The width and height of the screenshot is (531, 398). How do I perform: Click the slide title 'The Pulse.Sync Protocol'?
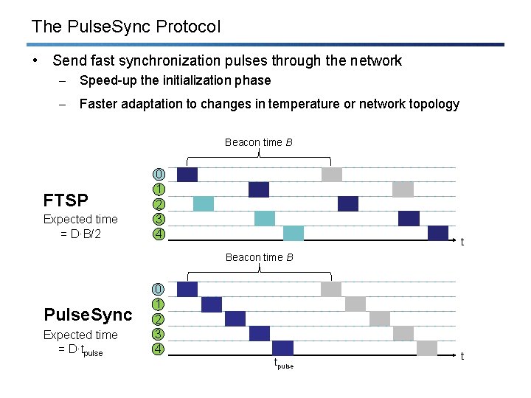(x=126, y=27)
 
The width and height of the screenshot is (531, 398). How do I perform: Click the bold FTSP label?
(x=66, y=200)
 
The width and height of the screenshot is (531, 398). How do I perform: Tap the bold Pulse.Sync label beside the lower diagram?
(x=88, y=315)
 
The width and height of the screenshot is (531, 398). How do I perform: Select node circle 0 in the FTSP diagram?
(x=159, y=175)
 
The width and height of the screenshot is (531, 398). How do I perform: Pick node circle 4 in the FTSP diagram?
(x=159, y=234)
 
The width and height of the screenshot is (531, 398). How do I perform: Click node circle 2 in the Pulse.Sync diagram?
(x=159, y=319)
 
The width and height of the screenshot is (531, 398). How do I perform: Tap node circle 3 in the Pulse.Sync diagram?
(x=159, y=334)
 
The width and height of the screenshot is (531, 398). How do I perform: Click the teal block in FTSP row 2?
(x=204, y=204)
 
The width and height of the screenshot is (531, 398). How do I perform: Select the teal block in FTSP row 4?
(x=294, y=234)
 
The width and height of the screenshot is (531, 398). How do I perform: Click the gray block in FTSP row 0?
(x=332, y=175)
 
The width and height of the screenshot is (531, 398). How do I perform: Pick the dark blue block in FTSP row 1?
(x=259, y=190)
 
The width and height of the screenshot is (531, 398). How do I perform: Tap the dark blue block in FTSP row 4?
(x=438, y=234)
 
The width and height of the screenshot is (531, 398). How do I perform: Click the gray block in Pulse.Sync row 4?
(x=427, y=349)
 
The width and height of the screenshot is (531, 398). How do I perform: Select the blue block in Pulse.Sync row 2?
(x=235, y=319)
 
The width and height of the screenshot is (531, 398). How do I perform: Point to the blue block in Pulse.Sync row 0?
(x=187, y=290)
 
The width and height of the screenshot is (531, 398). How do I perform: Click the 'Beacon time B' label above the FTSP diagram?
(x=259, y=142)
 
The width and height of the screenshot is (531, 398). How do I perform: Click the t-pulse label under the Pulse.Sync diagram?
(x=284, y=364)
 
